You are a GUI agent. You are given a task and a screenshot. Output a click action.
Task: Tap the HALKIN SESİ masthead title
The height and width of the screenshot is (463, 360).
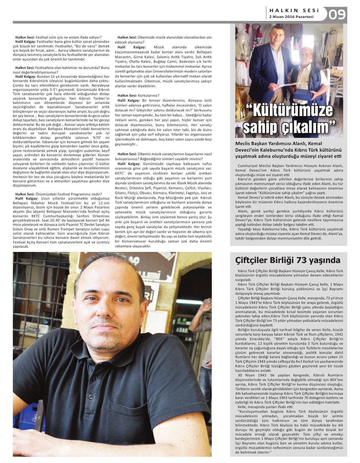pyautogui.click(x=291, y=10)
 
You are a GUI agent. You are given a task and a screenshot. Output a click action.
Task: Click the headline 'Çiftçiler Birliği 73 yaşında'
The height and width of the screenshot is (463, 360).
pyautogui.click(x=287, y=260)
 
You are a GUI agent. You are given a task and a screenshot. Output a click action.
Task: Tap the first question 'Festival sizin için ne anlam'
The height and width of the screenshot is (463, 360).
pyautogui.click(x=58, y=38)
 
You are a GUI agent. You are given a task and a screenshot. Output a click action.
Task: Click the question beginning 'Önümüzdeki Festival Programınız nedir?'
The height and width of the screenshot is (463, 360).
pyautogui.click(x=58, y=194)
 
